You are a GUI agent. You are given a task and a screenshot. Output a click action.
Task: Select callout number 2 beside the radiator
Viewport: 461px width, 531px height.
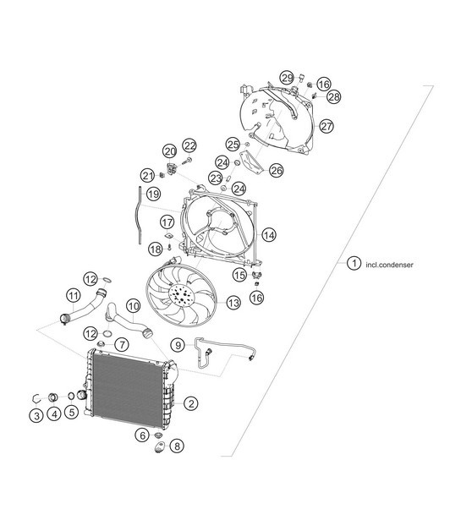click(191, 404)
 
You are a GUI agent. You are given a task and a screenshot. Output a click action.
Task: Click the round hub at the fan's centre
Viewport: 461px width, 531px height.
click(180, 297)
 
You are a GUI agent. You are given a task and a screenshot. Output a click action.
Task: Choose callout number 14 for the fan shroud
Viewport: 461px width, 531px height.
click(268, 234)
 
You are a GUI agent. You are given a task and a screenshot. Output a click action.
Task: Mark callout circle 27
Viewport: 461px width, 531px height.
click(327, 126)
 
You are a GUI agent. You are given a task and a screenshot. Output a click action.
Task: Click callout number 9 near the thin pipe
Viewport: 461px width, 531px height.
click(177, 345)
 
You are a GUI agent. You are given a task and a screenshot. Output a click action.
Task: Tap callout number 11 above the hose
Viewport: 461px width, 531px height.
click(74, 295)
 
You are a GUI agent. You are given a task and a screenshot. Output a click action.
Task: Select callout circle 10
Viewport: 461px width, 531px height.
click(134, 304)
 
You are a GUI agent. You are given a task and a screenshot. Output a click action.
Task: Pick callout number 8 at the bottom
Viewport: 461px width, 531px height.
click(176, 446)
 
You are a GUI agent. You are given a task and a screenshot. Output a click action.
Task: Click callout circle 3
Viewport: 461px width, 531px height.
click(37, 415)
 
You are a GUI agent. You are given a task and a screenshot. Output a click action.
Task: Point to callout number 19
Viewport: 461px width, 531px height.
click(153, 194)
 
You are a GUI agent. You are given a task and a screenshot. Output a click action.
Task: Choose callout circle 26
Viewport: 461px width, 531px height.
click(276, 170)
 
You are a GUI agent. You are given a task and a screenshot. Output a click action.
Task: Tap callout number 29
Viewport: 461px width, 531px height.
click(287, 79)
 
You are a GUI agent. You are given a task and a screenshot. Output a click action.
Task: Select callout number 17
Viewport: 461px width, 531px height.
click(167, 222)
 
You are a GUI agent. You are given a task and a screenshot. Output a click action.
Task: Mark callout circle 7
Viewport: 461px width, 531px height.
click(121, 345)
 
